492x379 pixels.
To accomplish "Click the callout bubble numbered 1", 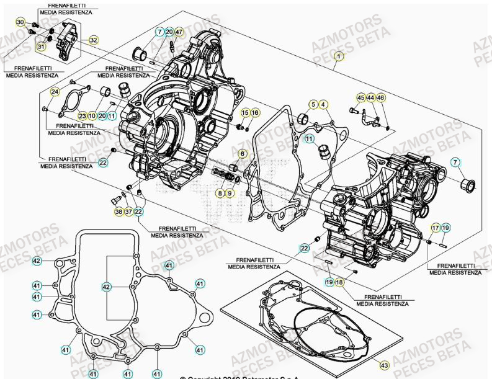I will pyautogui.click(x=338, y=57).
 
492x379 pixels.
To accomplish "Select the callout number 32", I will pyautogui.click(x=93, y=40).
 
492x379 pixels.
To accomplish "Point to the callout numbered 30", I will pyautogui.click(x=20, y=23).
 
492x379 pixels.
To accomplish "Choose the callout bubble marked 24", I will pyautogui.click(x=55, y=92).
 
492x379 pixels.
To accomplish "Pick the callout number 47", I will pyautogui.click(x=179, y=32).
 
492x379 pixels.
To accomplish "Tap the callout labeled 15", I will pyautogui.click(x=245, y=112).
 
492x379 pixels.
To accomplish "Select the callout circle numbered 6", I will pyautogui.click(x=242, y=153).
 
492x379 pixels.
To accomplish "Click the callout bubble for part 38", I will pyautogui.click(x=119, y=212).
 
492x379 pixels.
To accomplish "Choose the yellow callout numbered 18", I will pyautogui.click(x=339, y=282).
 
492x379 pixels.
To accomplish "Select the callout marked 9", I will pyautogui.click(x=230, y=194).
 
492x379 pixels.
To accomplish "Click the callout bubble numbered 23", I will pyautogui.click(x=82, y=115).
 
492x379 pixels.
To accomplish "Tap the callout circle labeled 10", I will pyautogui.click(x=92, y=115).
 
